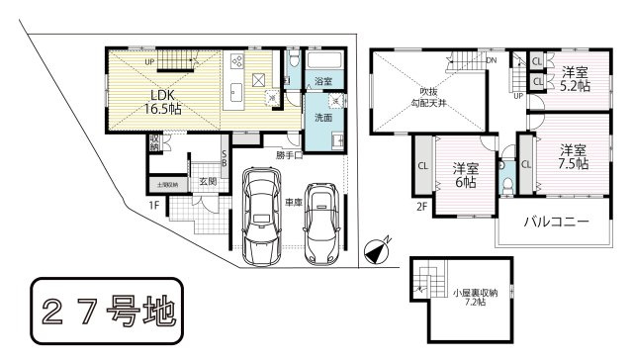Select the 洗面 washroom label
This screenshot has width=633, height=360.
[322, 117]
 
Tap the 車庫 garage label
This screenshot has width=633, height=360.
[294, 203]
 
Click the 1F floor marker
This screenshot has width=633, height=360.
[154, 205]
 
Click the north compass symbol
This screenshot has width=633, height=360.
[377, 253]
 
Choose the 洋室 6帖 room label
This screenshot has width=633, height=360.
[466, 174]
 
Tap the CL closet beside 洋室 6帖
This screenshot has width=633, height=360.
[422, 166]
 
